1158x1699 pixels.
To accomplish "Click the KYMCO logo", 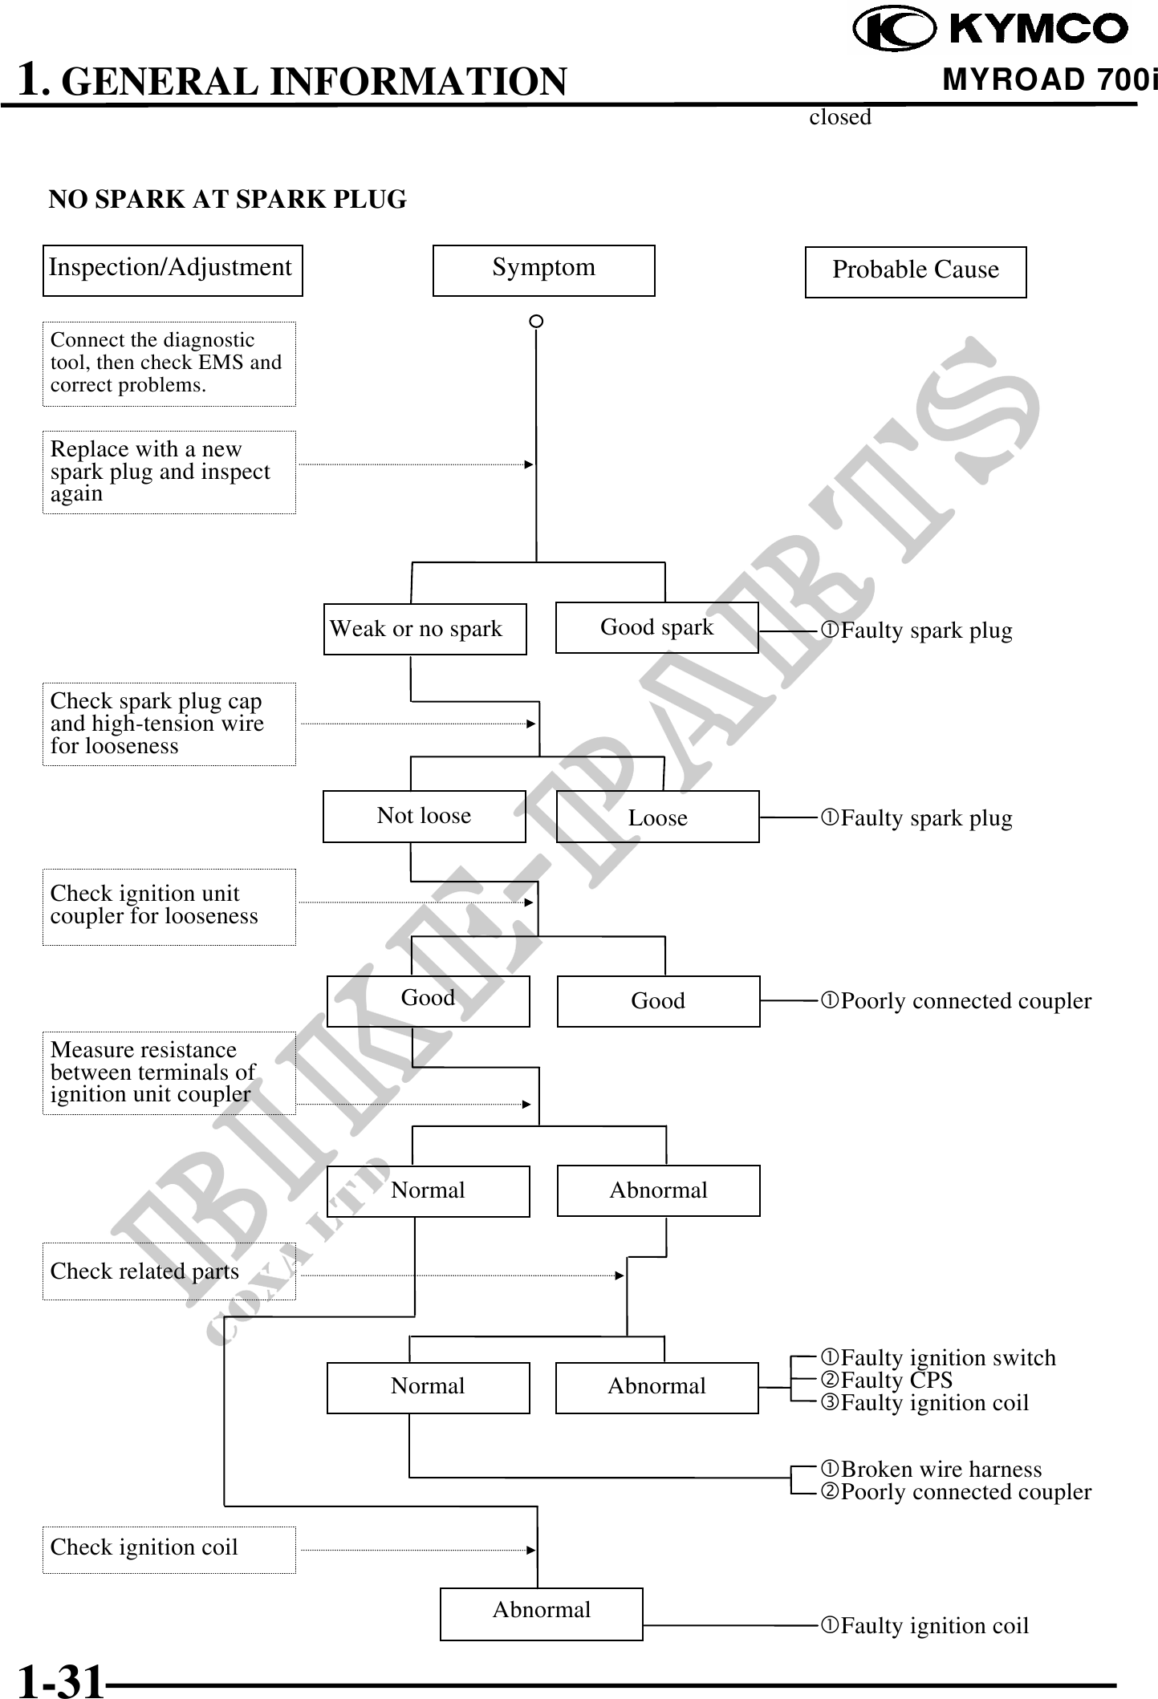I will [990, 30].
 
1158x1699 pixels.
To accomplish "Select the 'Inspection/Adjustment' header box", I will [173, 270].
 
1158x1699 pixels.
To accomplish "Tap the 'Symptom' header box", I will [543, 270].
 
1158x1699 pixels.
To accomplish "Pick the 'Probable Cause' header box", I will [915, 272].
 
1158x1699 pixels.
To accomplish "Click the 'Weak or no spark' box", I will [425, 629].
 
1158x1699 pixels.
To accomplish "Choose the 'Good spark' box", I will [656, 627].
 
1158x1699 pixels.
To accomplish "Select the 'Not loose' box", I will [424, 816].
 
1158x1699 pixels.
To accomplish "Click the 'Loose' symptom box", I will [657, 817].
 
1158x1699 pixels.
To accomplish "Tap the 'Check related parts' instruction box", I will [169, 1271].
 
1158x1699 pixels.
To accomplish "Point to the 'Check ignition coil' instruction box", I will [169, 1547].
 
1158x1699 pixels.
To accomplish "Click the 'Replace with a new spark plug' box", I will [169, 472].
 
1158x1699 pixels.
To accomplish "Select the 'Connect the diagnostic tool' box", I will [169, 363].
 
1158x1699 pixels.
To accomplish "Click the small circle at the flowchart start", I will [536, 321].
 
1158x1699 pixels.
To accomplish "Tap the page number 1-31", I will [61, 1681].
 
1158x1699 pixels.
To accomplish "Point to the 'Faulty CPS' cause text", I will [896, 1381].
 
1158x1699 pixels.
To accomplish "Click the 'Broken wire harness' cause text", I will [941, 1469].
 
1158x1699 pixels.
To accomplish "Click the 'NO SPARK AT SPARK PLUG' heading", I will [228, 199].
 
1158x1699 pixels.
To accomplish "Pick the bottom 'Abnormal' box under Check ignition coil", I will [541, 1613].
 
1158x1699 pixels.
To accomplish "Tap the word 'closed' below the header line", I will [839, 117].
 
